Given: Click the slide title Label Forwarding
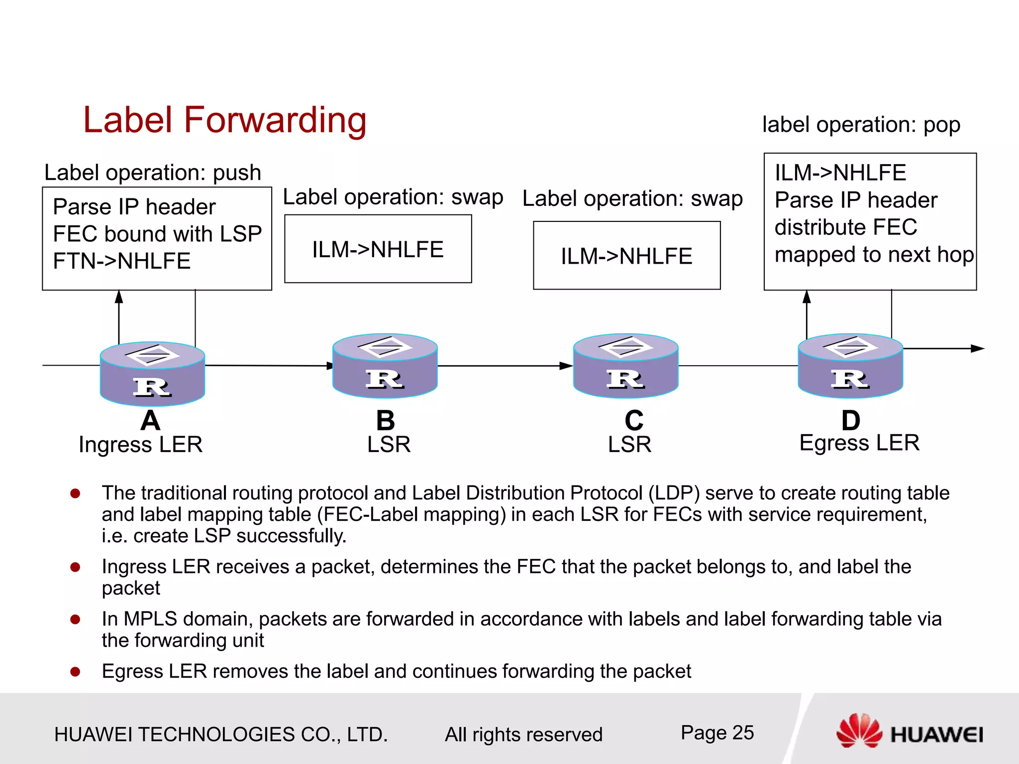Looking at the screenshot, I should tap(224, 120).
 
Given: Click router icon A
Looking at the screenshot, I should tap(152, 374).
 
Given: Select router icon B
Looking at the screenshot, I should tap(385, 366).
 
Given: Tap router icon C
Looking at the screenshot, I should tap(625, 366).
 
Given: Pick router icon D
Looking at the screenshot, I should tap(850, 366).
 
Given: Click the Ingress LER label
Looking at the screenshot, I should tap(140, 444).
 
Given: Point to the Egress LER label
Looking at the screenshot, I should tap(859, 443).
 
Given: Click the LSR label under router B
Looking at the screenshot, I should tap(389, 444).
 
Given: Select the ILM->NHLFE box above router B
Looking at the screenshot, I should tap(378, 249).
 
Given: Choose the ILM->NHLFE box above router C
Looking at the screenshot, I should tap(626, 256).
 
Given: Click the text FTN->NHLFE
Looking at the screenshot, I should tap(121, 261).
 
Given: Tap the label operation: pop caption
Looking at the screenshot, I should tap(861, 124).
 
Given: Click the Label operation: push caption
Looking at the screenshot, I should tap(152, 173).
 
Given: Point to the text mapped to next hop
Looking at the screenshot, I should tap(874, 255).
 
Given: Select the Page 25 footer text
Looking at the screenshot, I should tap(717, 733).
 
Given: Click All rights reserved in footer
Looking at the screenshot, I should tap(523, 735).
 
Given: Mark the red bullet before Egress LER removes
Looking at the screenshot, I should tap(76, 672).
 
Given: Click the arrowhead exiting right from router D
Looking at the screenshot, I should tap(978, 349).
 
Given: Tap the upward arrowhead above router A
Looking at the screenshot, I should tap(119, 297).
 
